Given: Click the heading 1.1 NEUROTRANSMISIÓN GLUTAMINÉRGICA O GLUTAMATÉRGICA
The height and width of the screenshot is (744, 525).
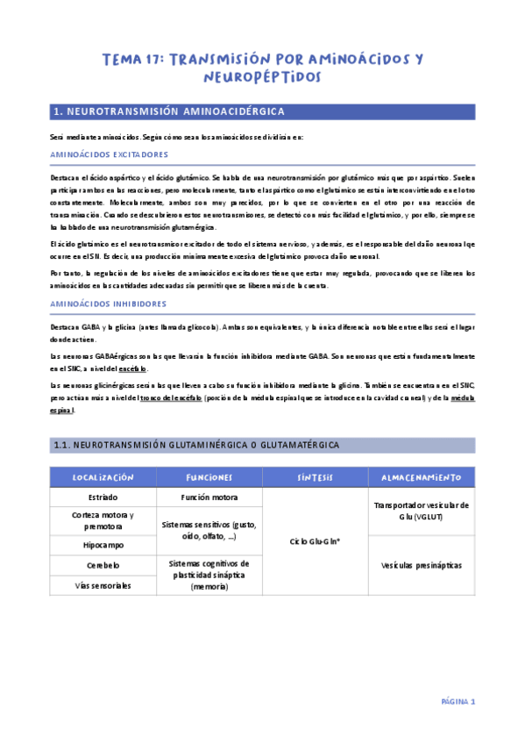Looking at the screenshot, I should pos(196,446).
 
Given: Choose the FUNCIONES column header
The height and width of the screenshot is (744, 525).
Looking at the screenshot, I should pos(209,477).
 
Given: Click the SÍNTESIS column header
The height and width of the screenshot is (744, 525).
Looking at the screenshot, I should pos(316,477).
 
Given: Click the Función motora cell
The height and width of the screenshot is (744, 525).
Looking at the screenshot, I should pos(209,497).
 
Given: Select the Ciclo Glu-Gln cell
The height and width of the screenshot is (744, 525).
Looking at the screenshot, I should pos(315,541).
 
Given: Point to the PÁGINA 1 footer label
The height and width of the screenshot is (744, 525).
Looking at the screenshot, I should pos(458,702).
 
